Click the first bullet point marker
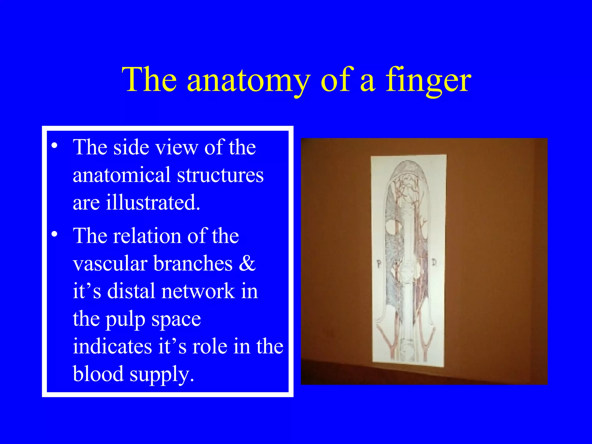[x=54, y=145]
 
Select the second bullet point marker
[x=54, y=234]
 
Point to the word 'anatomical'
[x=121, y=175]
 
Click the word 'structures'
[x=220, y=175]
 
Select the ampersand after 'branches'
[x=247, y=263]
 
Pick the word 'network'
[x=198, y=291]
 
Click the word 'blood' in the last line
[x=98, y=374]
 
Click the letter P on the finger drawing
[x=379, y=264]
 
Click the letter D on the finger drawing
[x=434, y=262]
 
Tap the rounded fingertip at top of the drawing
[x=408, y=168]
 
